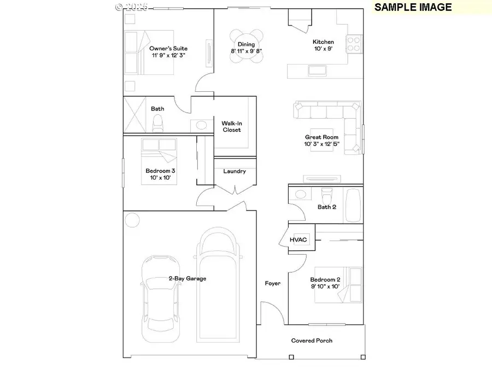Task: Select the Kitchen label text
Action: tap(323, 42)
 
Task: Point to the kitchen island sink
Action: tap(318, 70)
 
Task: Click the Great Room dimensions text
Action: tap(322, 144)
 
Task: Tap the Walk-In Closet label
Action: tap(231, 127)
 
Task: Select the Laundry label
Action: tap(235, 171)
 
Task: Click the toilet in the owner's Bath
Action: tap(158, 125)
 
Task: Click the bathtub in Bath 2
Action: tap(353, 206)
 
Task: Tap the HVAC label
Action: tap(299, 239)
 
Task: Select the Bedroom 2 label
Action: tap(325, 279)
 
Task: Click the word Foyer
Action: tap(273, 283)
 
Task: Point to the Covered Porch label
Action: tap(312, 341)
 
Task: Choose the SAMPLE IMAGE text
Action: tap(413, 7)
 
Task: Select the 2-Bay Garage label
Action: tap(187, 278)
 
